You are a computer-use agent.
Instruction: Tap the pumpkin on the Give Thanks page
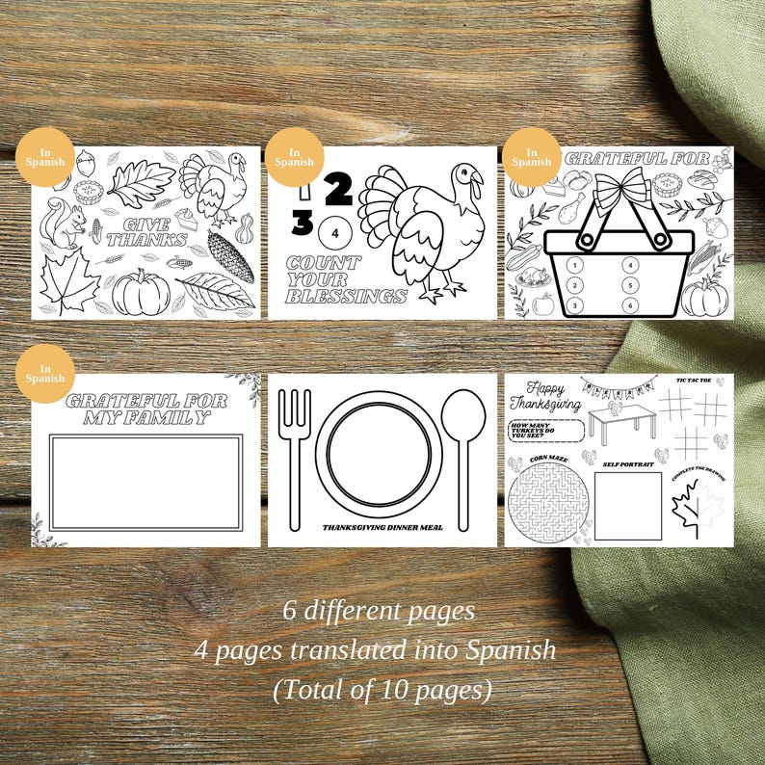(x=141, y=292)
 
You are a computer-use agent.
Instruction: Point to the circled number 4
(x=334, y=232)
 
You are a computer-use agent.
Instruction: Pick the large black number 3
(x=303, y=224)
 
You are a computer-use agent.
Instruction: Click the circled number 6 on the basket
(x=629, y=305)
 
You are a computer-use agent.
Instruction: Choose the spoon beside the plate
(x=462, y=443)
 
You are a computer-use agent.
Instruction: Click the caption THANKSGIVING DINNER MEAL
(x=382, y=528)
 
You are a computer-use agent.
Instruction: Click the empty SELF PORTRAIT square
(x=627, y=506)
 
